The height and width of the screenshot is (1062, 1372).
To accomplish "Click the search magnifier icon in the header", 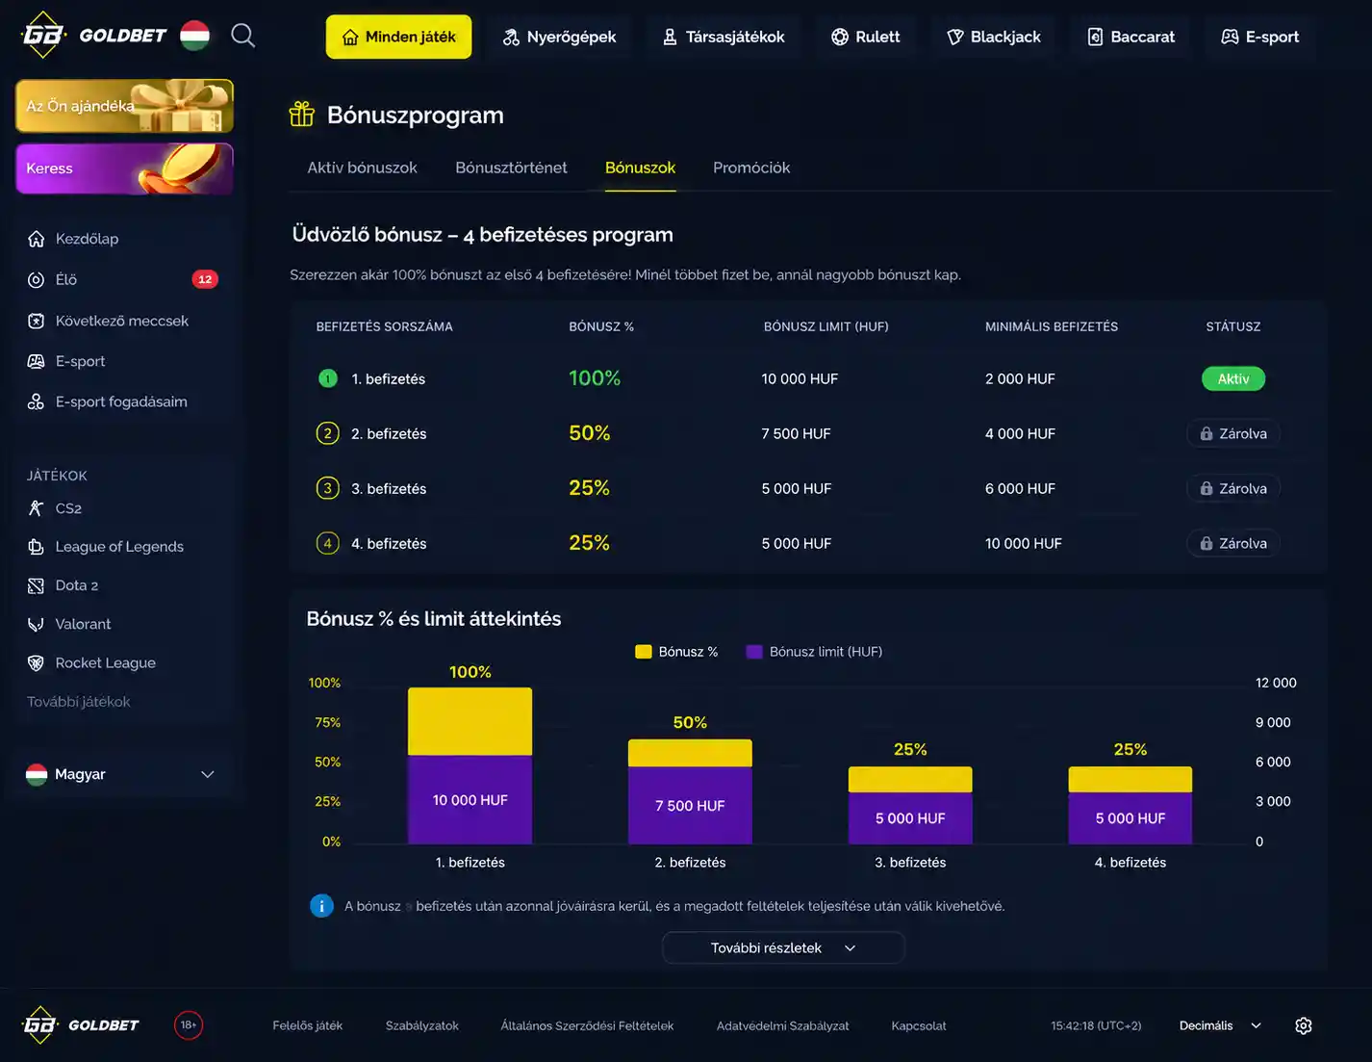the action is [x=243, y=36].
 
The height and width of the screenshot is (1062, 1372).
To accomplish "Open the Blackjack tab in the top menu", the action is [x=994, y=37].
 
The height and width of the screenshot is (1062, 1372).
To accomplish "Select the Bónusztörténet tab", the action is [x=511, y=168].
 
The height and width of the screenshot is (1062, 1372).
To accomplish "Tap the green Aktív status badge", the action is [x=1232, y=378].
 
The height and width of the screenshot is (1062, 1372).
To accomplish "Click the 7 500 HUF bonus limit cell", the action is [x=796, y=433].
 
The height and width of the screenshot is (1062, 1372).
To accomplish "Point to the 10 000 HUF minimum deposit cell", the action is [x=1023, y=543].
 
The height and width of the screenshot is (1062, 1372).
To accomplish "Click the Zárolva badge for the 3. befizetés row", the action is [x=1233, y=488].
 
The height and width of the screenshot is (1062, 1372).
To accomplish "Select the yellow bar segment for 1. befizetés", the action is [x=470, y=721].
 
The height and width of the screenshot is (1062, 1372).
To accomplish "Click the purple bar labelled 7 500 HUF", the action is [x=690, y=805].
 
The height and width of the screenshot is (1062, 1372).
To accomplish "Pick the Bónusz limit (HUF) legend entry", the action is [x=814, y=651].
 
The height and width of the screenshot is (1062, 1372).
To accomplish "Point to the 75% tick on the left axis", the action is [x=327, y=722].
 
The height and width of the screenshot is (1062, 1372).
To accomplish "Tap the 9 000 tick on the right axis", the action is [x=1272, y=722].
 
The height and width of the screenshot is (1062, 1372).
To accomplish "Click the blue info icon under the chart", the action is [x=321, y=906].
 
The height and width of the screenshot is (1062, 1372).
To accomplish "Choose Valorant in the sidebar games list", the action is [x=83, y=624].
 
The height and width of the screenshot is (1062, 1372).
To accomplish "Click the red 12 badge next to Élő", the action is [x=205, y=279].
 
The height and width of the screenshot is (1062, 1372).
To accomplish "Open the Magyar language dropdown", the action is [x=120, y=774].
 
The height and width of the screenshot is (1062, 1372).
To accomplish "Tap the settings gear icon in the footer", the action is [x=1303, y=1025].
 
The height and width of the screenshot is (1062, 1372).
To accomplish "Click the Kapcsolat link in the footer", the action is [x=918, y=1025].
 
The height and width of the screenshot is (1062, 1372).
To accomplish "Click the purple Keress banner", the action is [x=124, y=168].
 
